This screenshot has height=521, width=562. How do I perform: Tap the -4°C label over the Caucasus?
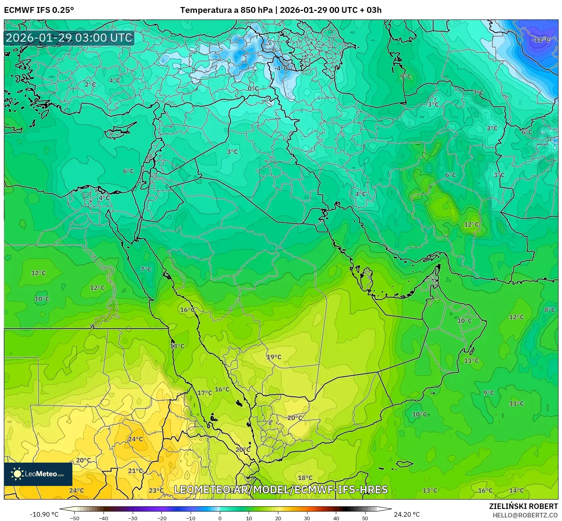pyautogui.click(x=281, y=68)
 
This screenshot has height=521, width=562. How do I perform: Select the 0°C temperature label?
pyautogui.click(x=253, y=88)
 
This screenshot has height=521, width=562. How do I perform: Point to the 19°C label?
pyautogui.click(x=274, y=357)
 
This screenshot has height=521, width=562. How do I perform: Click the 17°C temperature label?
pyautogui.click(x=205, y=393)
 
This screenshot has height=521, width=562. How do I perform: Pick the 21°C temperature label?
pyautogui.click(x=135, y=470)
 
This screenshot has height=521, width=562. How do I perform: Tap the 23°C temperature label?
pyautogui.click(x=156, y=490)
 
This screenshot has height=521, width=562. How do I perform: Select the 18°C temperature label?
pyautogui.click(x=305, y=478)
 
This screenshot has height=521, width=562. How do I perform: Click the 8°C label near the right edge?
pyautogui.click(x=550, y=310)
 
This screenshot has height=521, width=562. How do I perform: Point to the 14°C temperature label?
pyautogui.click(x=516, y=490)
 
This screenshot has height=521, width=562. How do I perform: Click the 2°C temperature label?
pyautogui.click(x=90, y=84)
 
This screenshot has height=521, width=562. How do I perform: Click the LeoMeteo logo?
pyautogui.click(x=38, y=474)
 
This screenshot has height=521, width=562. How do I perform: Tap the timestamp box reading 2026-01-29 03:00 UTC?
pyautogui.click(x=69, y=38)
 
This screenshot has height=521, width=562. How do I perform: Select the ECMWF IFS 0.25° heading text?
pyautogui.click(x=39, y=10)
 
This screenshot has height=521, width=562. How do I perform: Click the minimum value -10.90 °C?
pyautogui.click(x=44, y=514)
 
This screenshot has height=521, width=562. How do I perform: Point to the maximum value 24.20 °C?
pyautogui.click(x=407, y=514)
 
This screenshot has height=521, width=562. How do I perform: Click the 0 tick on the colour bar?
pyautogui.click(x=220, y=518)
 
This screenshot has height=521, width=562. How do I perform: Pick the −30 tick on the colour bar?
pyautogui.click(x=133, y=518)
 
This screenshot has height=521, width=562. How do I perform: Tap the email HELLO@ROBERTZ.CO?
pyautogui.click(x=525, y=515)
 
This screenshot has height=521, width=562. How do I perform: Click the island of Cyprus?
pyautogui.click(x=119, y=131)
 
